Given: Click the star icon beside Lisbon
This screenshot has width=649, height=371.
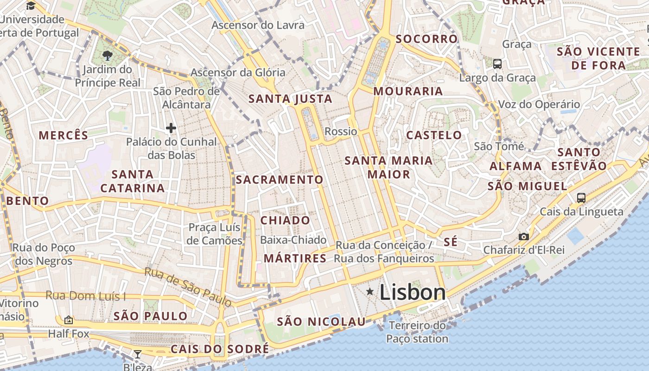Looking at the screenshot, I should point(370,291).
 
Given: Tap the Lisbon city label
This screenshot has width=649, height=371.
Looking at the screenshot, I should point(413,292).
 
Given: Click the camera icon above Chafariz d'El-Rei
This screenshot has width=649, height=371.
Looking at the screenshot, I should point(524,237).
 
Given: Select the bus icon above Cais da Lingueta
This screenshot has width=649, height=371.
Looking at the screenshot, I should point(581,198).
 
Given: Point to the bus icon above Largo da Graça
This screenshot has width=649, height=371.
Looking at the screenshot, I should point(497,64).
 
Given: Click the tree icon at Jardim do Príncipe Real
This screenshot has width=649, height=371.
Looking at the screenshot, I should point(108,56).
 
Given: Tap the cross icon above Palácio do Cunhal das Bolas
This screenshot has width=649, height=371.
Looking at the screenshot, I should point(171,128).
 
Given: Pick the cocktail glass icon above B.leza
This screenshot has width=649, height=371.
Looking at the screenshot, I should point(138,355).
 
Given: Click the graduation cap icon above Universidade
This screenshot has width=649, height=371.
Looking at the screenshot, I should point(31,6).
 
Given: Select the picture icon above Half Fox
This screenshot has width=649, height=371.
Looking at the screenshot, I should point(69,320).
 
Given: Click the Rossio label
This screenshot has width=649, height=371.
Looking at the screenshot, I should point(341,131).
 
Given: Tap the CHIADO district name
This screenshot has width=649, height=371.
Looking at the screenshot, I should point(285,220).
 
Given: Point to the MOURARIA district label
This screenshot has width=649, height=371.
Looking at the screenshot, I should point(408,91).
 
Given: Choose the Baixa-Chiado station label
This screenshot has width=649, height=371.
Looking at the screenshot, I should point(293,240).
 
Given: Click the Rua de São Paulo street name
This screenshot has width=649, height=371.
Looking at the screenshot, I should point(188,287).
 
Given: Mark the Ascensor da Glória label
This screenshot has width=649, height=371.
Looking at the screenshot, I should point(238,72).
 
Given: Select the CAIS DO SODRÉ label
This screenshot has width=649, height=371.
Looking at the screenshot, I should point(220,349).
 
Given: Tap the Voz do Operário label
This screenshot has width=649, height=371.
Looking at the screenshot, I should point(539,104).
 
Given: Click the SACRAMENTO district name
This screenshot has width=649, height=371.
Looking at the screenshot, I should point(280,179).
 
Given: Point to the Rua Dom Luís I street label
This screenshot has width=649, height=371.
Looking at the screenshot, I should point(86,296).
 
